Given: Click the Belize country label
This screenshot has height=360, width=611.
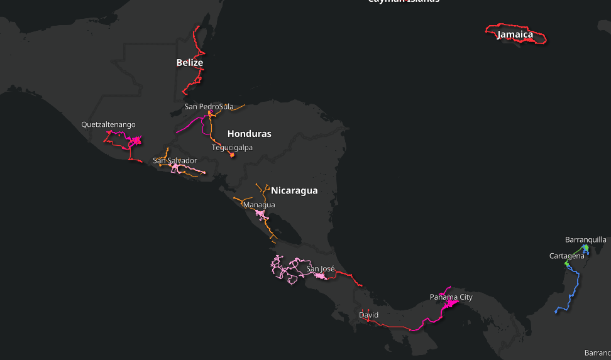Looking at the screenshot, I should [x=189, y=63].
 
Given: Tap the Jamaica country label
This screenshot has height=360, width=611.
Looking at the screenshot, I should [x=515, y=35].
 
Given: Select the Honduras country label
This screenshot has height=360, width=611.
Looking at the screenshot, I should [x=249, y=134].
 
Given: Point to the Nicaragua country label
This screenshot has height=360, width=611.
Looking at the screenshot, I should [x=294, y=190].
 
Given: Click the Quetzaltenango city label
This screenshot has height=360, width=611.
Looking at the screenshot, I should [x=108, y=124].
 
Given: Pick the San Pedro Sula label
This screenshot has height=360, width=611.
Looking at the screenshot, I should [x=209, y=107].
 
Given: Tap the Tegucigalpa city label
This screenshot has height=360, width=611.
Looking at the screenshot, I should [x=232, y=148].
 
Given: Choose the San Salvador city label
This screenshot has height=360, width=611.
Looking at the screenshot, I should [x=175, y=161].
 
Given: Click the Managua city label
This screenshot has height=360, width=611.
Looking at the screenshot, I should [x=259, y=205].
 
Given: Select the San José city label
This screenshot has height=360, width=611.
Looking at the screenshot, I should [x=320, y=269].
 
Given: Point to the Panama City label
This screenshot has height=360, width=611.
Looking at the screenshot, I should [x=451, y=297].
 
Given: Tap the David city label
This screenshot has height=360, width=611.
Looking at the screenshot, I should [x=369, y=314].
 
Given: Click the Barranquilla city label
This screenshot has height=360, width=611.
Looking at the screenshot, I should [x=585, y=239].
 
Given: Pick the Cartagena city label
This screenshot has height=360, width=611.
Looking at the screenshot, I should [x=566, y=256].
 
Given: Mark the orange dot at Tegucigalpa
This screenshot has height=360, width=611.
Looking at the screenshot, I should [x=232, y=155].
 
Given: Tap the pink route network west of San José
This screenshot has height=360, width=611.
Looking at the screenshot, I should [x=283, y=270].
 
